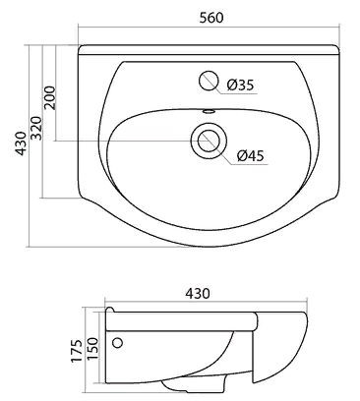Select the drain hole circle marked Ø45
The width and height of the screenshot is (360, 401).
point(210,140)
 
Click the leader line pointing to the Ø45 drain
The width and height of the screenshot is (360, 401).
point(228,150)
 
